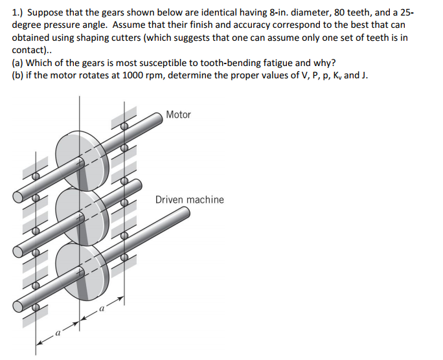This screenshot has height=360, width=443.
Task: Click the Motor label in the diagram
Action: [178, 115]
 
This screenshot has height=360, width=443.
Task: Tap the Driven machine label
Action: [189, 199]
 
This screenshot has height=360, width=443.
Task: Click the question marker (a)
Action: [19, 63]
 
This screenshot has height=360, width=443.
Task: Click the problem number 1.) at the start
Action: [19, 12]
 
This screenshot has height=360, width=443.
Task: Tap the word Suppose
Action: [47, 12]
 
